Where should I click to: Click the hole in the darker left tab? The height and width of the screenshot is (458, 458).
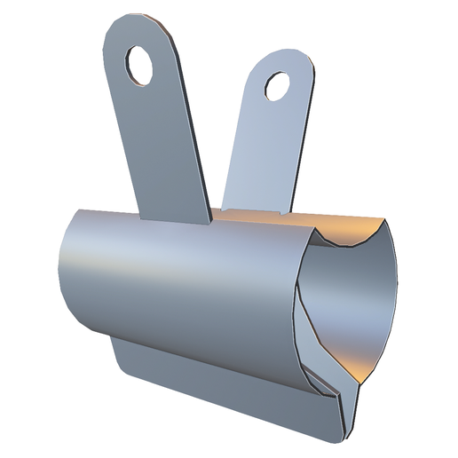pos(140,66)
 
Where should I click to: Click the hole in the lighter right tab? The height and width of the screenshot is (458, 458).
pos(277,86)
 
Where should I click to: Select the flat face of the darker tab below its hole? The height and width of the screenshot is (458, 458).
pos(164,151)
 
